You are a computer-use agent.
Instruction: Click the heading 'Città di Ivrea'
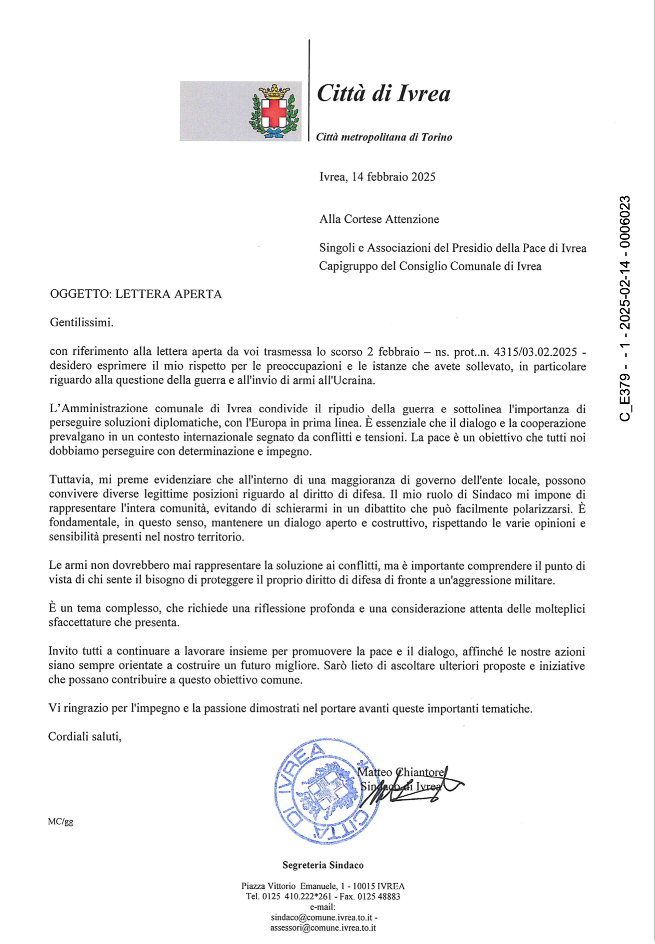(x=383, y=94)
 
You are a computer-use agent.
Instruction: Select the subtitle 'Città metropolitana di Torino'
(x=384, y=137)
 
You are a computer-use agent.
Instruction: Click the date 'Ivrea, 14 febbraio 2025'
(x=377, y=177)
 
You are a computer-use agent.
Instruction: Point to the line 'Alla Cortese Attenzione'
(x=379, y=219)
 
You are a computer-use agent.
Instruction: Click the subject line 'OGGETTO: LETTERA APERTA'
(x=136, y=294)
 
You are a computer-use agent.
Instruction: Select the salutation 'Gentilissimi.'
(x=82, y=323)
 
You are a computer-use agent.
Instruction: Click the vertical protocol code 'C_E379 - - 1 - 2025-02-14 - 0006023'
(x=625, y=308)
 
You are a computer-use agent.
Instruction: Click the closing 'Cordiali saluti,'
(x=85, y=737)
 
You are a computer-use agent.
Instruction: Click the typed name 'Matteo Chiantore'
(x=401, y=772)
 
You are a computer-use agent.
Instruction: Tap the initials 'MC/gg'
(x=60, y=822)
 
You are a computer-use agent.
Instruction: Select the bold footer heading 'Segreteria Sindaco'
(x=323, y=865)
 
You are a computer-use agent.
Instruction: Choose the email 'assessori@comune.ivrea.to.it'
(x=323, y=928)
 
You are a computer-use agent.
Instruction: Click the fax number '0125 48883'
(x=379, y=897)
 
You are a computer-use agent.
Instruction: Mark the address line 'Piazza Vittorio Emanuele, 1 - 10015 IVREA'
(x=323, y=886)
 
